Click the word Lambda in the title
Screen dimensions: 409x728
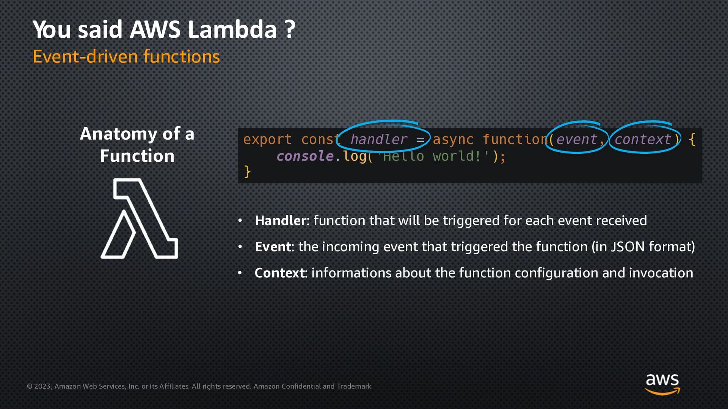point(232,30)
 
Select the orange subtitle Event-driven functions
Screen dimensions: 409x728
point(126,57)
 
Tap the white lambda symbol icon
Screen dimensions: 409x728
point(139,219)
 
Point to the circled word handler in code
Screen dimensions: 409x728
point(378,139)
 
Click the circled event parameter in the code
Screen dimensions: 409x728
point(576,139)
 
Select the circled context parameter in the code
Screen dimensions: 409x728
point(642,139)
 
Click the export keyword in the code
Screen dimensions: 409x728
point(267,139)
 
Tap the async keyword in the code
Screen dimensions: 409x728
point(453,139)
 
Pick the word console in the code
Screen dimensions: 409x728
point(305,156)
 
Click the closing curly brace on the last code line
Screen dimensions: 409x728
point(247,172)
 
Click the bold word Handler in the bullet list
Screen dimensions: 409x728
point(280,220)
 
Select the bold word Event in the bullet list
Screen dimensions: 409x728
point(273,247)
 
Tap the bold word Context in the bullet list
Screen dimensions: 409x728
point(279,273)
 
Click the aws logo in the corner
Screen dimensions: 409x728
point(662,384)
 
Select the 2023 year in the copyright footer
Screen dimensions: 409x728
point(42,386)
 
